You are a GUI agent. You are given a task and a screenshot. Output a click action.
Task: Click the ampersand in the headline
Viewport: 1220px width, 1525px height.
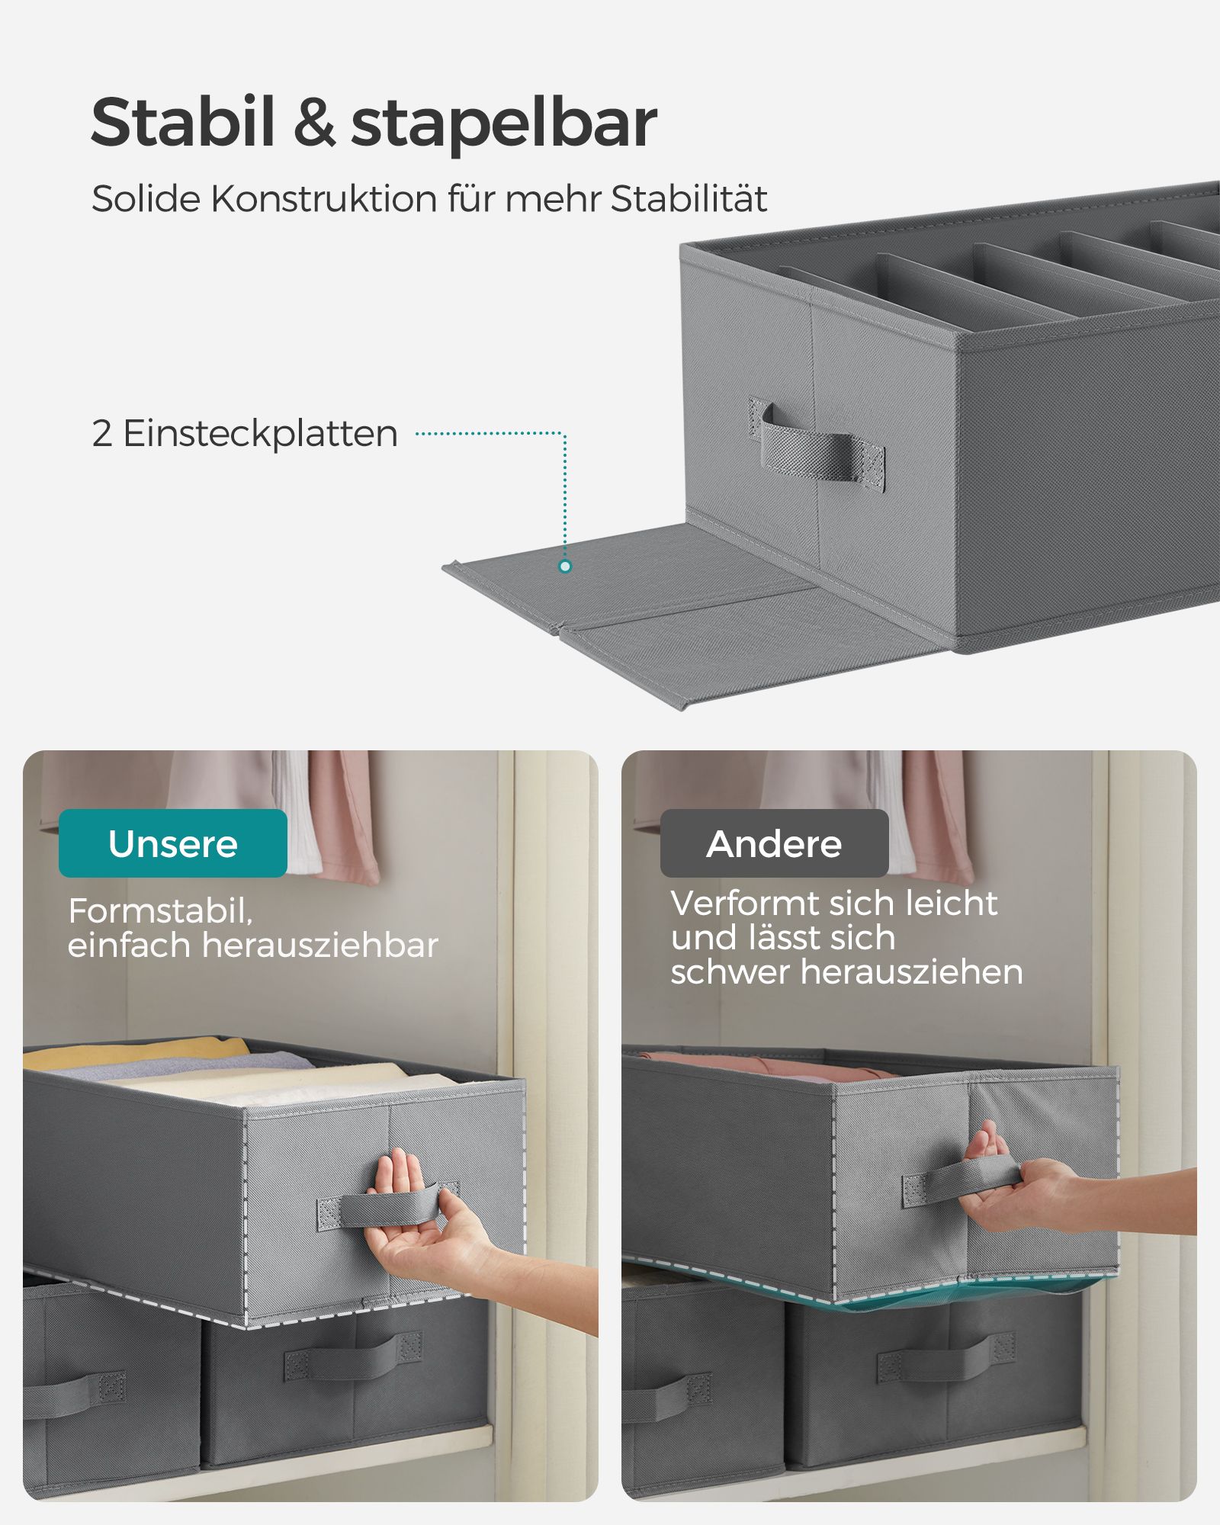coord(313,124)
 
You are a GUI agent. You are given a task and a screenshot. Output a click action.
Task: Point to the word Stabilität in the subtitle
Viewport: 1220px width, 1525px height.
coord(689,199)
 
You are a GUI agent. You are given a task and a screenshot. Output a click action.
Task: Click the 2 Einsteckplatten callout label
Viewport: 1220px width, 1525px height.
coord(244,433)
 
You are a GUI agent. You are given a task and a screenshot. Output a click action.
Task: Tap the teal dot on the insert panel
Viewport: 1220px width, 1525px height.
coord(565,567)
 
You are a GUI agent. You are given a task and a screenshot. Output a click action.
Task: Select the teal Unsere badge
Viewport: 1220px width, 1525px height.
coord(173,843)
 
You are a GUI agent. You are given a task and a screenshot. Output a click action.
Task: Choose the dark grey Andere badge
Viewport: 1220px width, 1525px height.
coord(774,843)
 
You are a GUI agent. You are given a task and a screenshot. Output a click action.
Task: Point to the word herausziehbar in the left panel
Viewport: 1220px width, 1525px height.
coord(319,945)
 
